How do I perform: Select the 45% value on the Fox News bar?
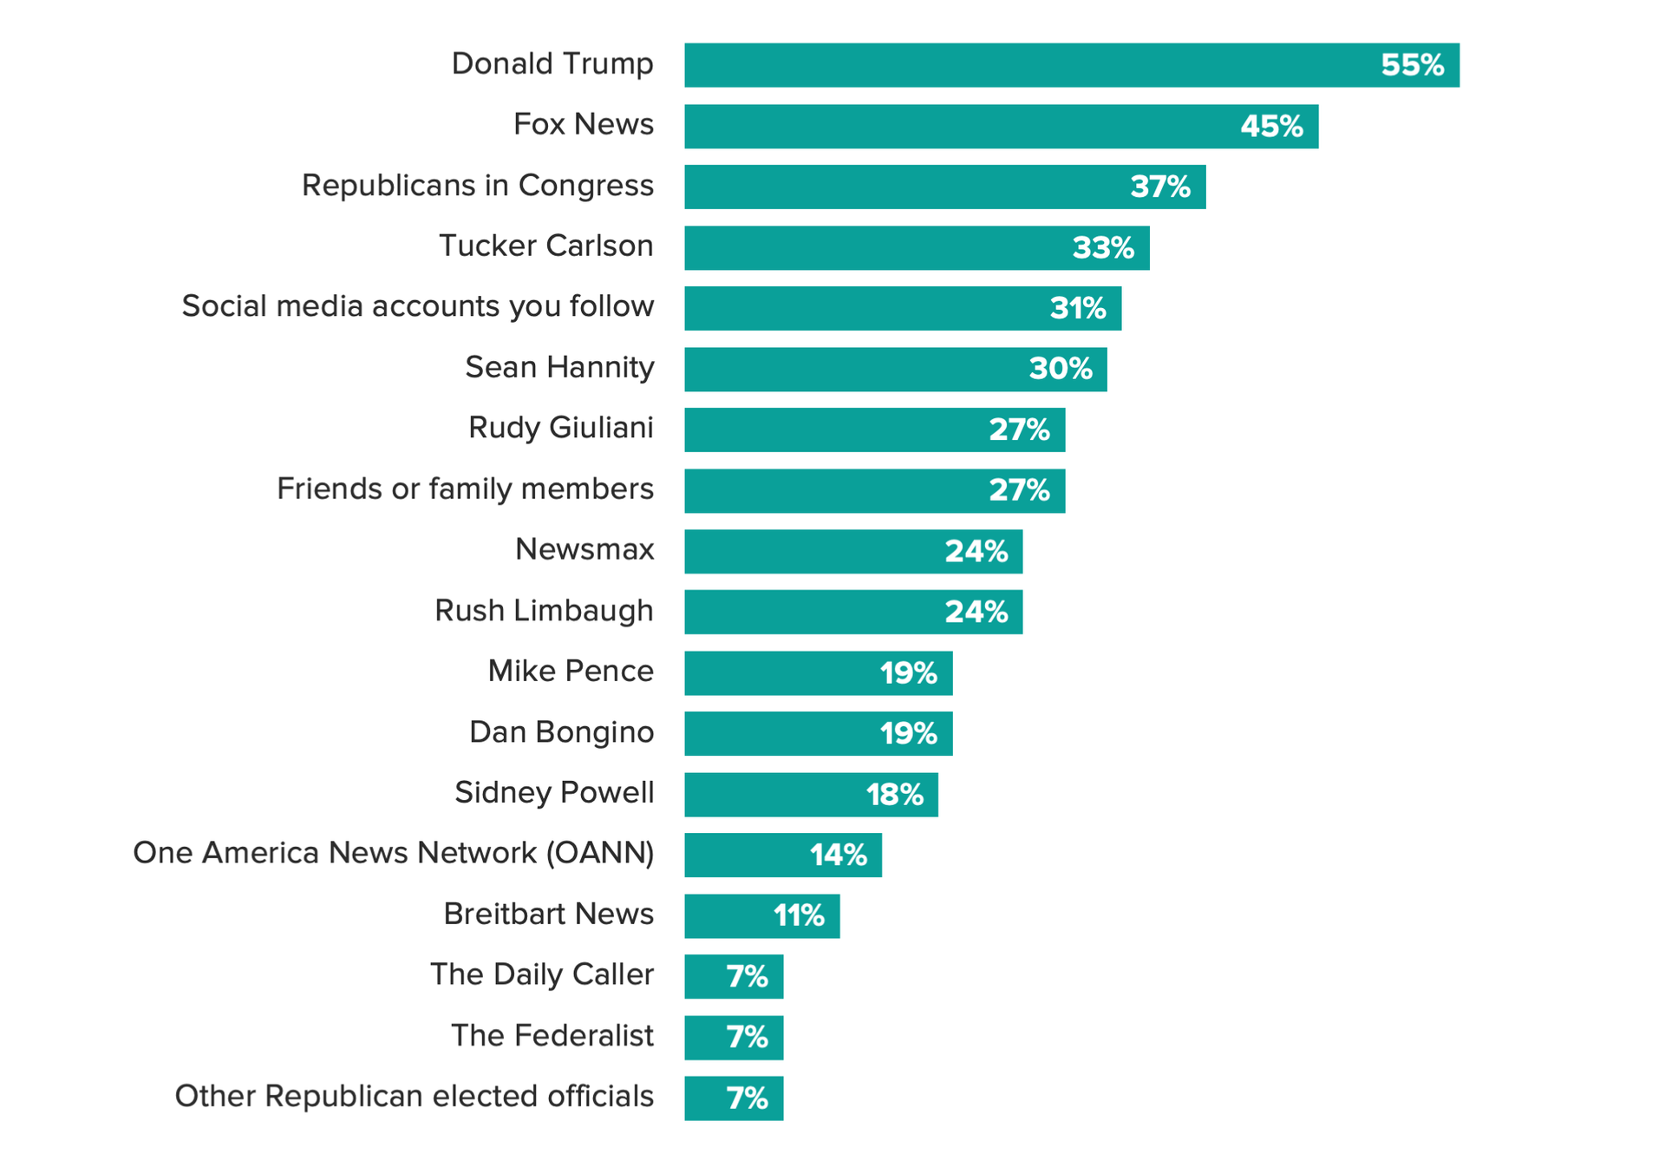[x=1271, y=127]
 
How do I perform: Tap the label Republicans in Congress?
[x=478, y=186]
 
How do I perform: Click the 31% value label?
[x=1078, y=308]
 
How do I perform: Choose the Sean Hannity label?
[x=559, y=368]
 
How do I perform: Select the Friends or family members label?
[x=465, y=489]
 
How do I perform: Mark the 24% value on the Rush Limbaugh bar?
[x=976, y=613]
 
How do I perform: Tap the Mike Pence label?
[x=571, y=672]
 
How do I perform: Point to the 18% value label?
[x=895, y=795]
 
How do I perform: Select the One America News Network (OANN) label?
[x=394, y=854]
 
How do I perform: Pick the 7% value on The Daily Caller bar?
[x=748, y=977]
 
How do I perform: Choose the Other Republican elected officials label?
[x=415, y=1097]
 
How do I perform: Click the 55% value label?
[x=1413, y=65]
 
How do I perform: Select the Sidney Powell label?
[x=554, y=793]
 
